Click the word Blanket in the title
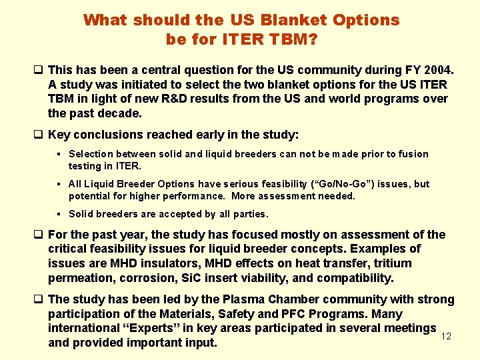click(290, 20)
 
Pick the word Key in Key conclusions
click(60, 135)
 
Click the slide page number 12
click(447, 337)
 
